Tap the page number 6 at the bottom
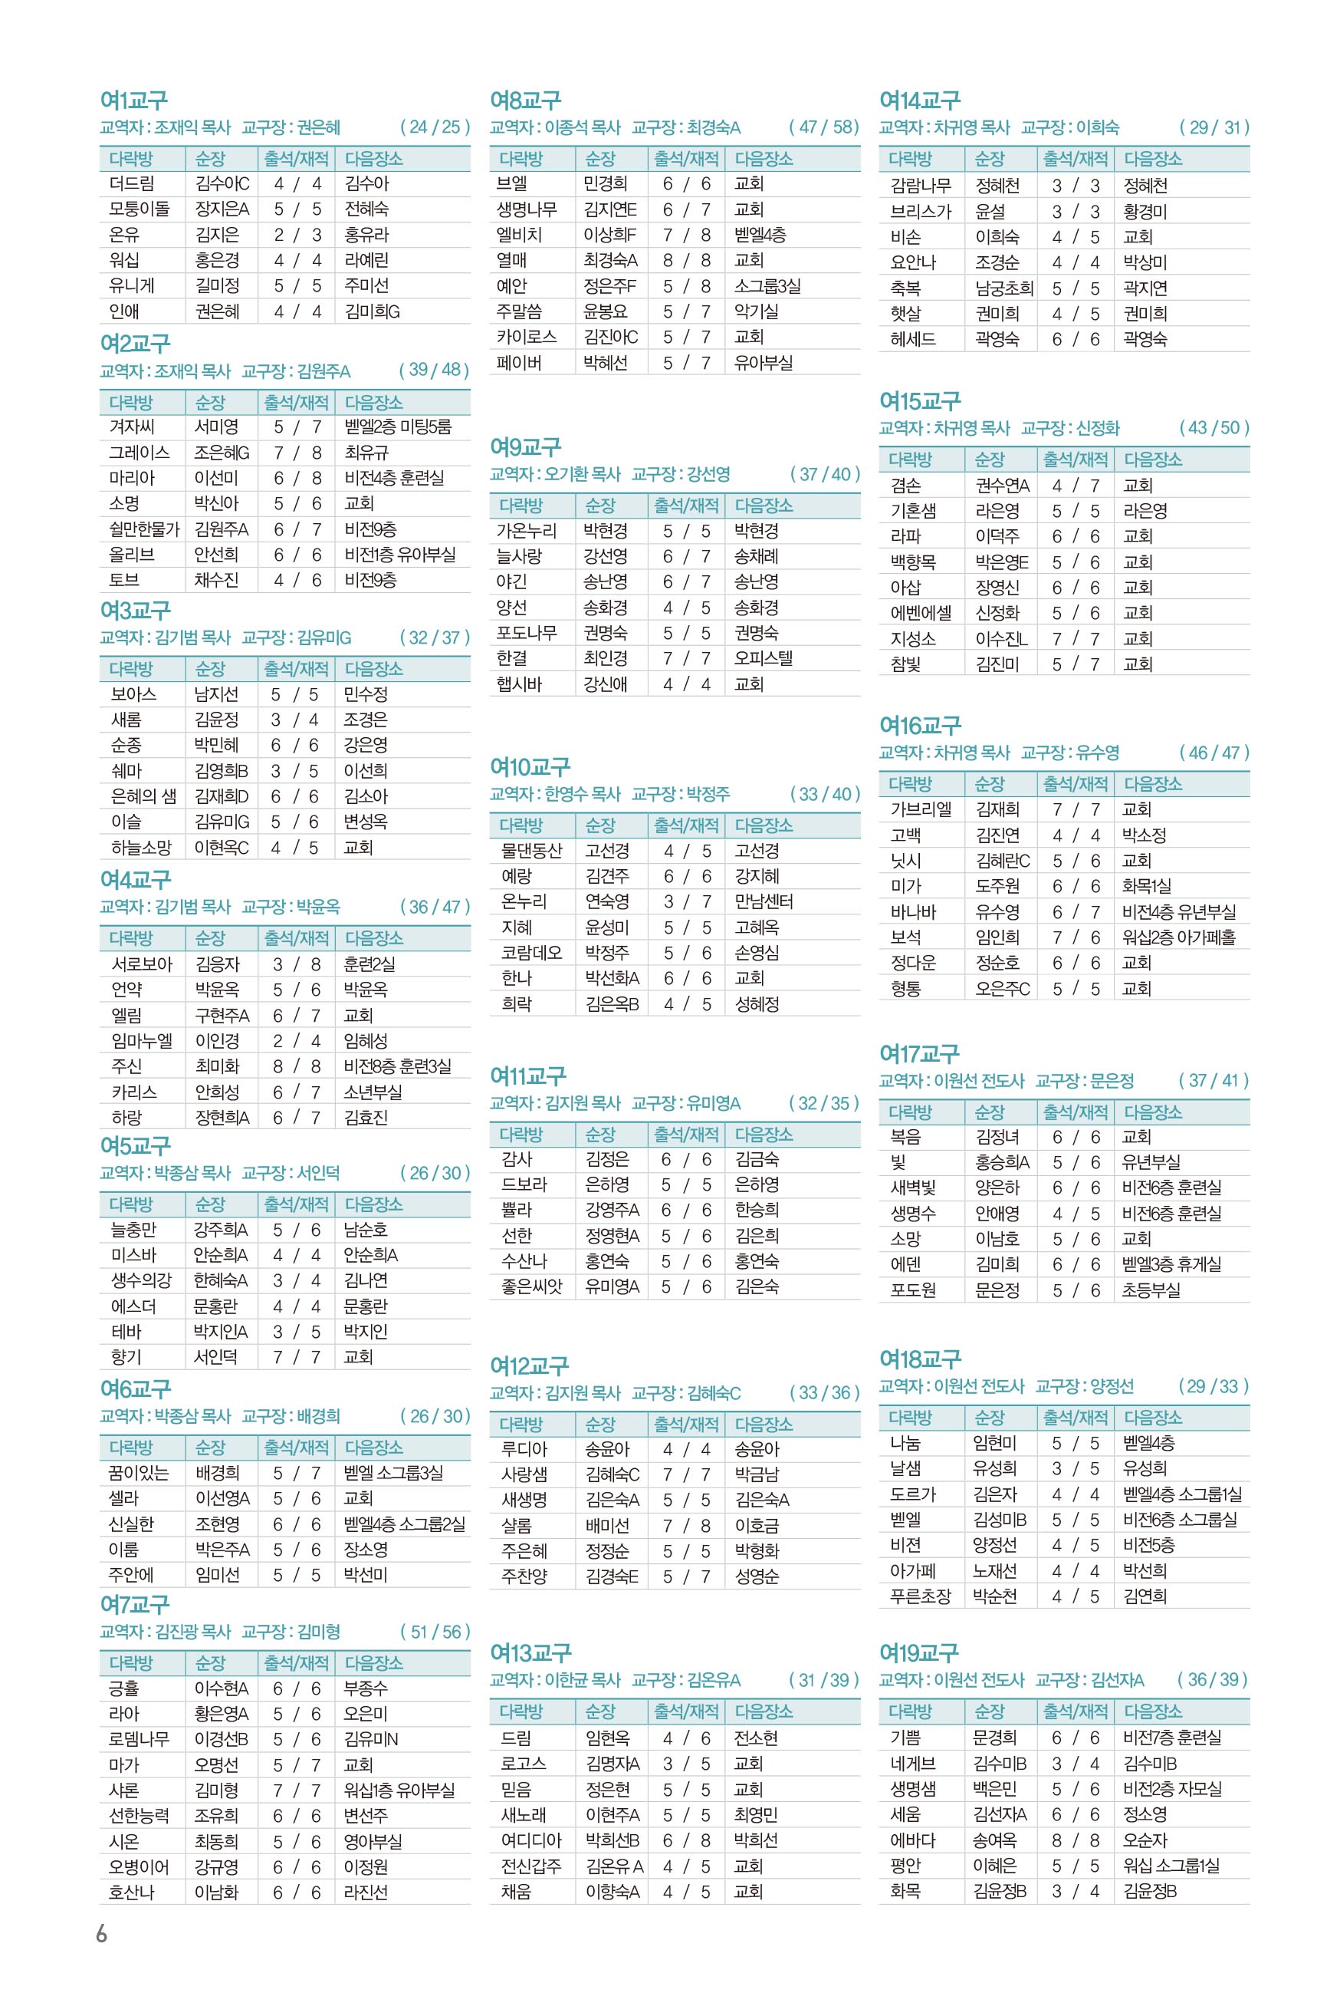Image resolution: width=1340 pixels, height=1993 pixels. (102, 1934)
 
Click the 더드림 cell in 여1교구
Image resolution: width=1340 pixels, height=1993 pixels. (132, 184)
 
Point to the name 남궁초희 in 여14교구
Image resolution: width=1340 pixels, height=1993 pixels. (1004, 288)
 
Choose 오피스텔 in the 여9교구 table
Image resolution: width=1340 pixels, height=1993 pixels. (764, 658)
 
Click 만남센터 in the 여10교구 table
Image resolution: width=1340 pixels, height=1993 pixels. (764, 901)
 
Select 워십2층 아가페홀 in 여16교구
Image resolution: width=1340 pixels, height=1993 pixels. (1178, 937)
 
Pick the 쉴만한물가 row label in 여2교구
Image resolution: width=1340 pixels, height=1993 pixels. (143, 529)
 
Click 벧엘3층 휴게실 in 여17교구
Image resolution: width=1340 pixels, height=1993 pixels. (1171, 1263)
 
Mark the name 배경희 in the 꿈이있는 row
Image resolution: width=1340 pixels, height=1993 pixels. (217, 1472)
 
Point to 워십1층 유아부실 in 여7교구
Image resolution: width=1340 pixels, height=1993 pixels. (399, 1790)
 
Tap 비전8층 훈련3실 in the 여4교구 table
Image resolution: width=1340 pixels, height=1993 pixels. (397, 1066)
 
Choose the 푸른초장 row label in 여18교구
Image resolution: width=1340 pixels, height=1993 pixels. (920, 1596)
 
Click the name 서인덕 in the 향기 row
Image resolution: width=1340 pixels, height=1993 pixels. (215, 1357)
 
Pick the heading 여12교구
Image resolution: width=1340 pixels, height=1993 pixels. (529, 1365)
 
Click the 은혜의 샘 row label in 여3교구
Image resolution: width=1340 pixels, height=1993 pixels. (143, 796)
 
